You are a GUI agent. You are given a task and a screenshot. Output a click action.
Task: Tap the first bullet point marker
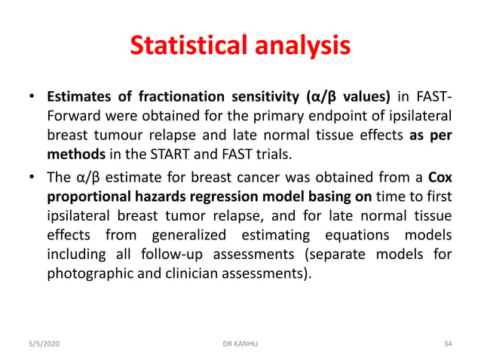pos(32,98)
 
